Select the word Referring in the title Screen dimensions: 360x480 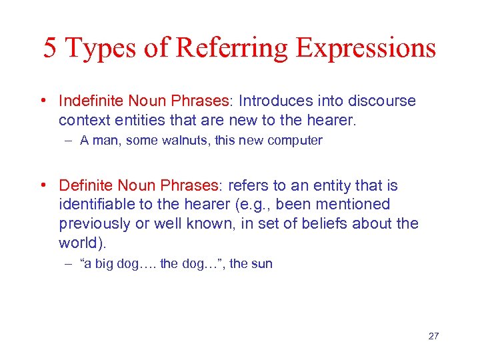point(233,48)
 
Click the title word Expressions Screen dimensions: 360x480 point(366,48)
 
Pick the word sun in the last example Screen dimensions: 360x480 point(262,264)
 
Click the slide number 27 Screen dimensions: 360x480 point(433,336)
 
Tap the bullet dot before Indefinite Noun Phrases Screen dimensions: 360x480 point(43,101)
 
